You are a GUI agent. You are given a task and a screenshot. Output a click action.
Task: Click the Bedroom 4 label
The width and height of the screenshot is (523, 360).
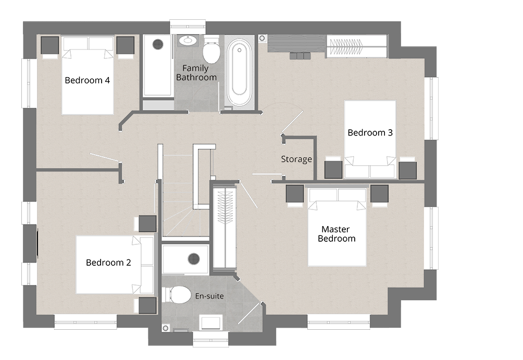[87, 80]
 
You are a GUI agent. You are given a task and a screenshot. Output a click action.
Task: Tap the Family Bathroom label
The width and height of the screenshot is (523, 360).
[196, 73]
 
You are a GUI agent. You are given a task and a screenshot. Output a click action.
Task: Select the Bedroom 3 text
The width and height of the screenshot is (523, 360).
[370, 133]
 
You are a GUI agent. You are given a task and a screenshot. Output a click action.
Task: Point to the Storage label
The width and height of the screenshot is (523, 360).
[296, 159]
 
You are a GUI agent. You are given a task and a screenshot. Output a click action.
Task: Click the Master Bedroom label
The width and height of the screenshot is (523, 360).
[336, 234]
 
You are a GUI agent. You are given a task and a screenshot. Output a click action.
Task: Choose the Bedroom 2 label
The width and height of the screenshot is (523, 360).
[108, 263]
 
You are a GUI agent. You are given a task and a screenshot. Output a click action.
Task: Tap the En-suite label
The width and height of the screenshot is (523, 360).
[209, 296]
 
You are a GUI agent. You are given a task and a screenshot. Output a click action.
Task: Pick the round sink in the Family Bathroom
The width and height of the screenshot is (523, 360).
[189, 41]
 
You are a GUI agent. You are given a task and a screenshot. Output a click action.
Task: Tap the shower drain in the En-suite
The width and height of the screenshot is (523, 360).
[193, 258]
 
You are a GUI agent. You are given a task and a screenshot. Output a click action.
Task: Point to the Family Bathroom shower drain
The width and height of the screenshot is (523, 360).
[158, 44]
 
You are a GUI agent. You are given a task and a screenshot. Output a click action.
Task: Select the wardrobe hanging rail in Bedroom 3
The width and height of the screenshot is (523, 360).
[346, 46]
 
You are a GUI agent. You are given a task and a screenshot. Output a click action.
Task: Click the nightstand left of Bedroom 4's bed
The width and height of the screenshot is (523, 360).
[50, 45]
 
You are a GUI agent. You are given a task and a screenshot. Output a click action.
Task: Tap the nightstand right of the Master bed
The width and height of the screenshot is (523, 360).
[380, 194]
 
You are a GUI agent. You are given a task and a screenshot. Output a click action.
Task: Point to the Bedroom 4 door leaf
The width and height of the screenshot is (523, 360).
[104, 157]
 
